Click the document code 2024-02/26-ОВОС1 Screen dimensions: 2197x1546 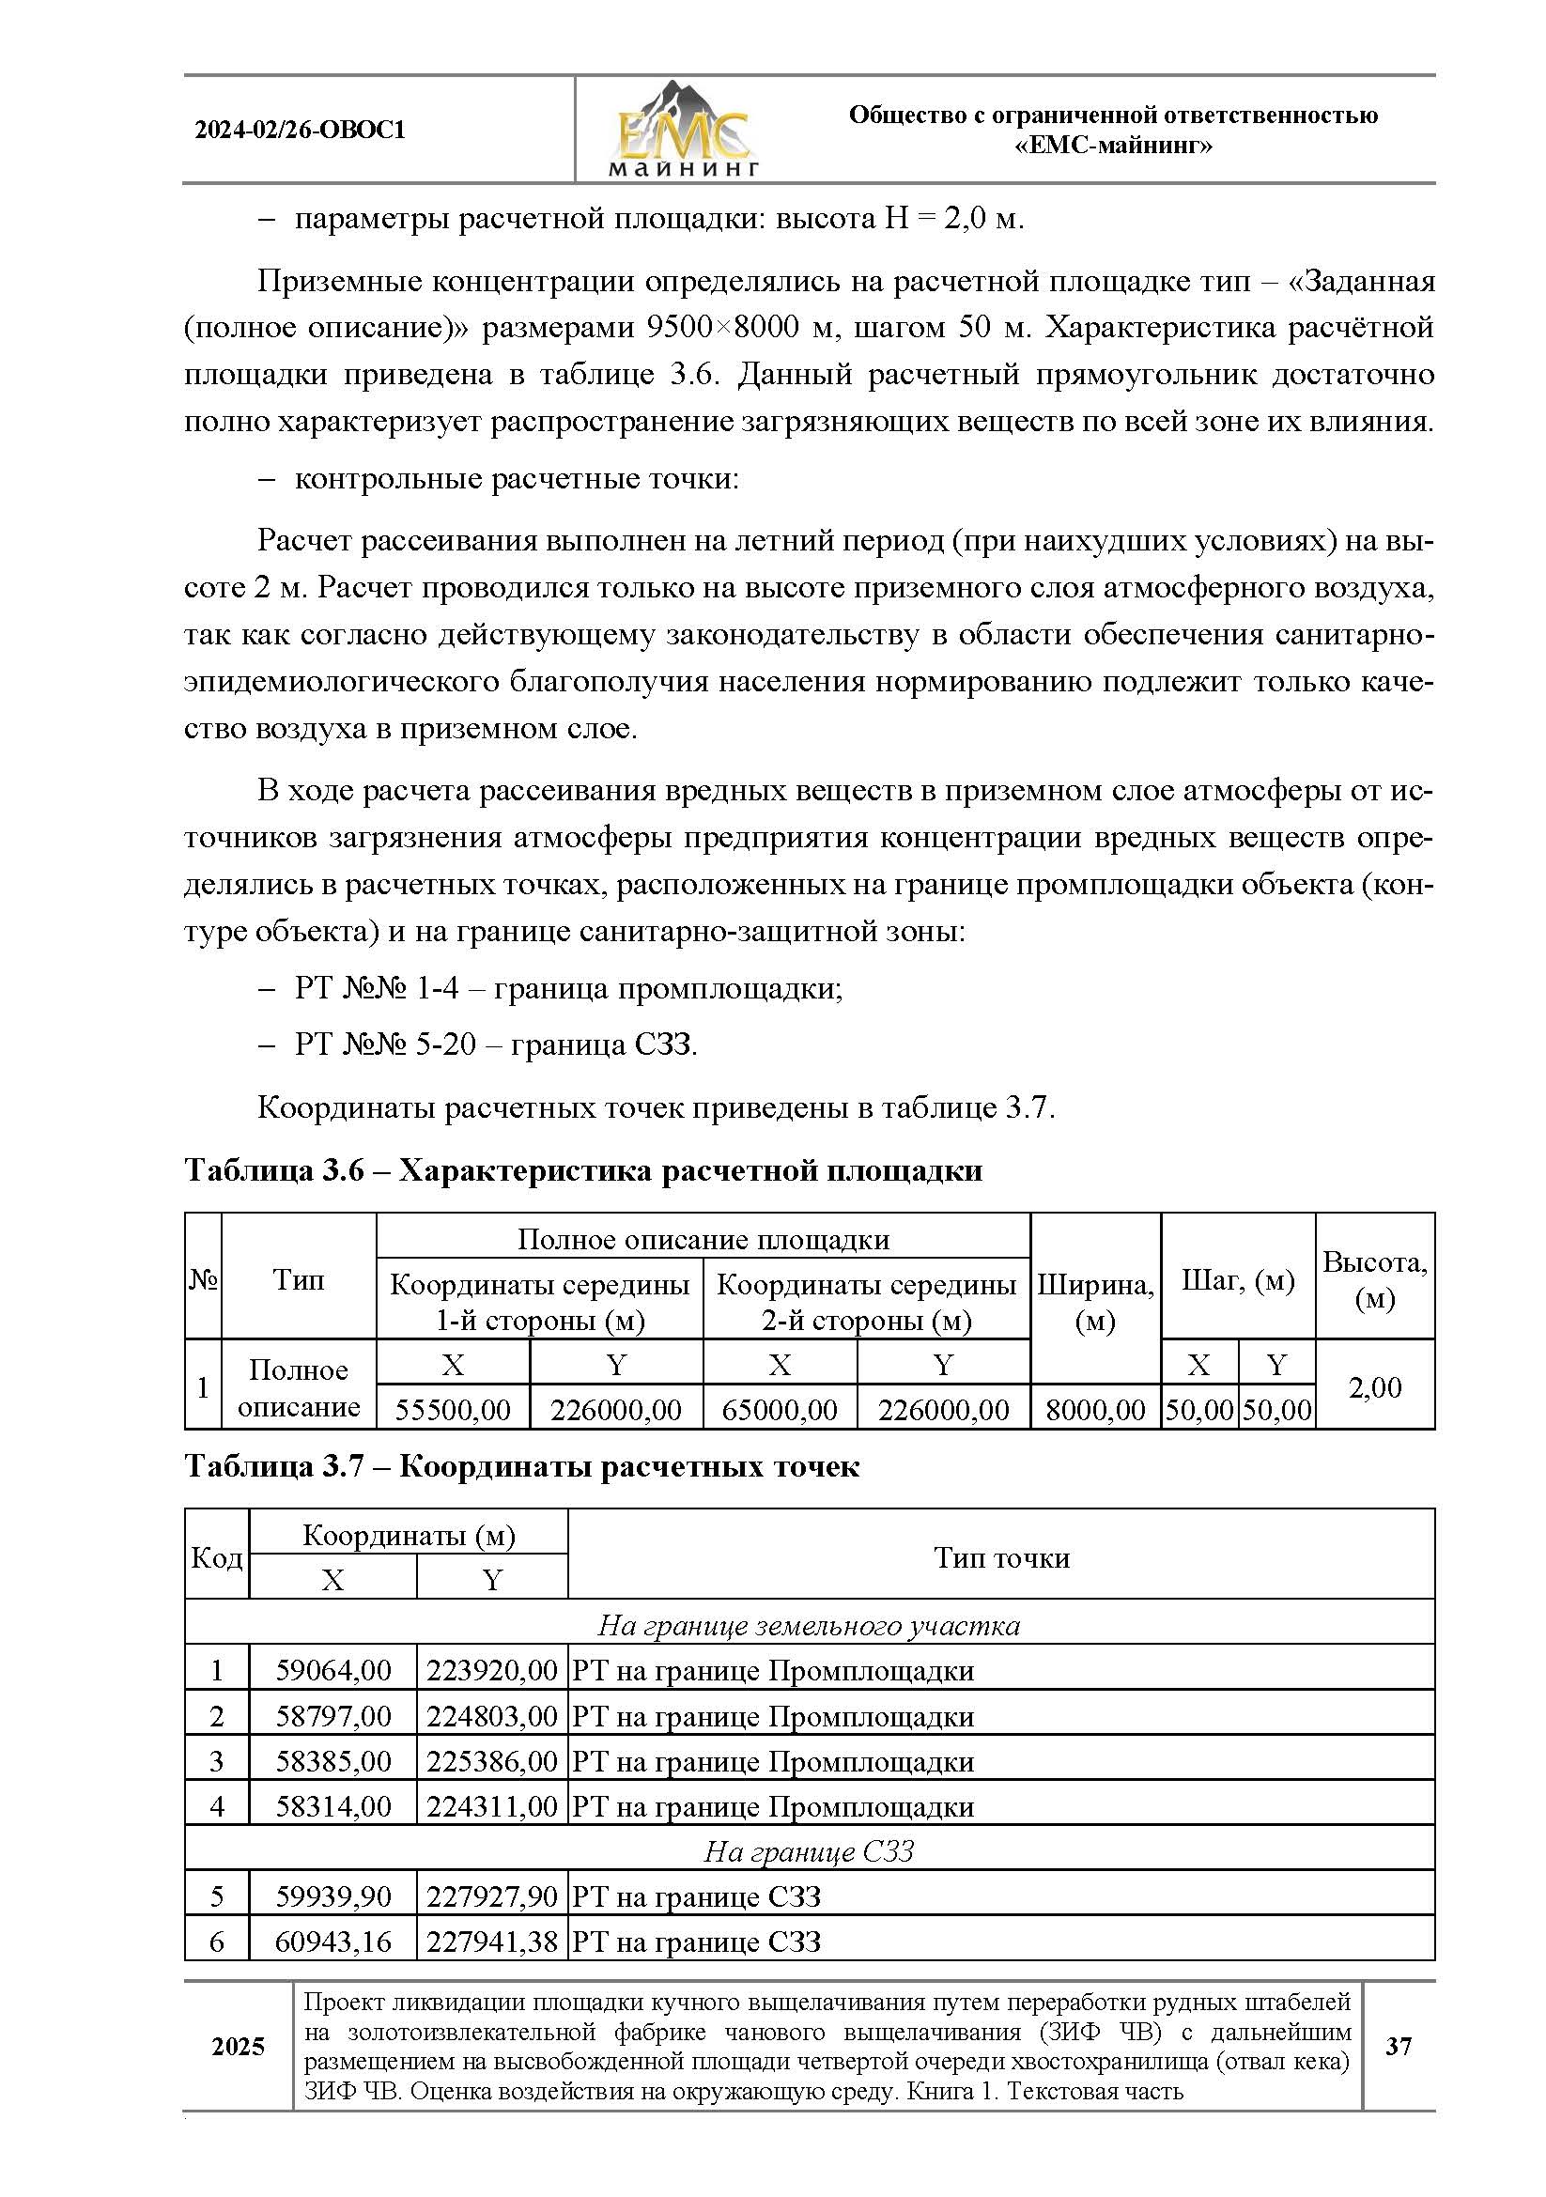301,131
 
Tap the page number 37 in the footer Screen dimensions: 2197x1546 1398,2046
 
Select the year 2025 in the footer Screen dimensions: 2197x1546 239,2046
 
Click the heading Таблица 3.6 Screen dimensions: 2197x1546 582,1170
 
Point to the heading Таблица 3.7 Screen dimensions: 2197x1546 521,1466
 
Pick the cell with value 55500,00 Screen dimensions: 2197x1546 453,1410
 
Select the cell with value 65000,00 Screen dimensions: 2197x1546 780,1410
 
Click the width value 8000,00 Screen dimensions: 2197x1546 1095,1410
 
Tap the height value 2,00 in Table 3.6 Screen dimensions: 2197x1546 1375,1387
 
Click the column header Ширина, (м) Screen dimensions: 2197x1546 1095,1301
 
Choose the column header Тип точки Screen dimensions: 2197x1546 1000,1557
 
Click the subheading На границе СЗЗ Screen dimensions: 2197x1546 810,1851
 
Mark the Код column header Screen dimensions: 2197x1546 217,1557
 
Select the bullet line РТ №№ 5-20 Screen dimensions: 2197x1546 495,1044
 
